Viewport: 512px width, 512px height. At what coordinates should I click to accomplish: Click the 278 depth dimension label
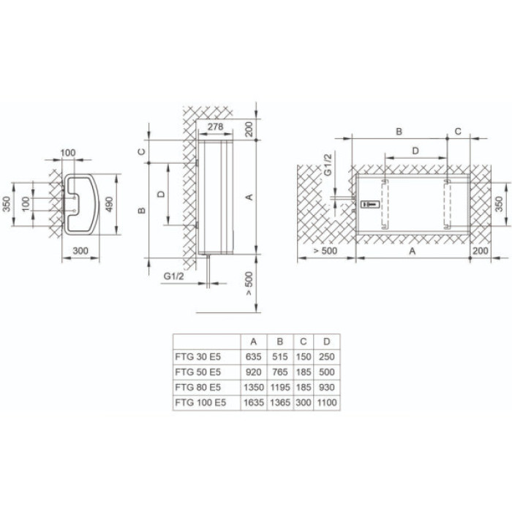(214, 127)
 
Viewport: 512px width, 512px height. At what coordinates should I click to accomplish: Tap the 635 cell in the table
(253, 356)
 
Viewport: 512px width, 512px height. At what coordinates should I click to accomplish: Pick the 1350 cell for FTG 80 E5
(253, 387)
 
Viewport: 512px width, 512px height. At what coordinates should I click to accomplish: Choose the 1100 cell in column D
(327, 402)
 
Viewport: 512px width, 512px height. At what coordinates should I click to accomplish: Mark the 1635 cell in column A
(253, 402)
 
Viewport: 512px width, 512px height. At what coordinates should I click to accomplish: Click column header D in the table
(327, 341)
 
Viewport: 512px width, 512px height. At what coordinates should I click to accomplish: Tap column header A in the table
(253, 341)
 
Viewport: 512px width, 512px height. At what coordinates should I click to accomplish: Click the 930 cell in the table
(327, 387)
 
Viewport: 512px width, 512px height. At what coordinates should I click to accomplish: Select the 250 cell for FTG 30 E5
(327, 356)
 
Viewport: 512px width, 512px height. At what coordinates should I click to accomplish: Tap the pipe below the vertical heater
(209, 282)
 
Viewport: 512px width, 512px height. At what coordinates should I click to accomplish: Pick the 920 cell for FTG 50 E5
(253, 372)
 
